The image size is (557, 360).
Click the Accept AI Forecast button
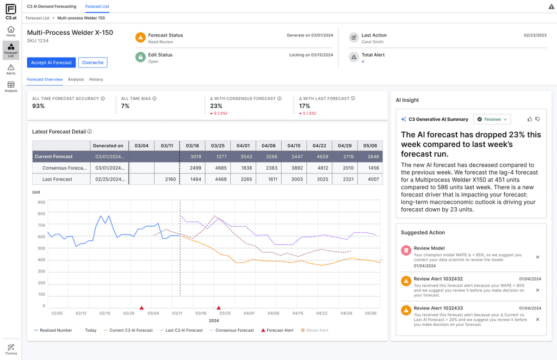(x=51, y=63)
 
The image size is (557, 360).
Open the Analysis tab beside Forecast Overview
(x=76, y=79)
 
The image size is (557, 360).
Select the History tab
(x=96, y=79)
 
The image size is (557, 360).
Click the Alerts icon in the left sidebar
(x=11, y=69)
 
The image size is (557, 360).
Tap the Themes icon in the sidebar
(x=11, y=349)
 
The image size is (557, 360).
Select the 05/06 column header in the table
(x=370, y=146)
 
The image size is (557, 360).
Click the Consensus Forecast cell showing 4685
(x=218, y=168)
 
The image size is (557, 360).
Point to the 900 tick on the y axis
(x=41, y=202)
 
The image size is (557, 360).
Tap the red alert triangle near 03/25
(x=219, y=308)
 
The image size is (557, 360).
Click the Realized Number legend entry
(x=53, y=330)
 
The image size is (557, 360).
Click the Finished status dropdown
(x=492, y=119)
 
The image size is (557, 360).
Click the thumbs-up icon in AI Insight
(x=530, y=119)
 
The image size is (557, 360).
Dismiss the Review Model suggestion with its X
(x=537, y=257)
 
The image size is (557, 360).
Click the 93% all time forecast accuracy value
(x=39, y=106)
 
